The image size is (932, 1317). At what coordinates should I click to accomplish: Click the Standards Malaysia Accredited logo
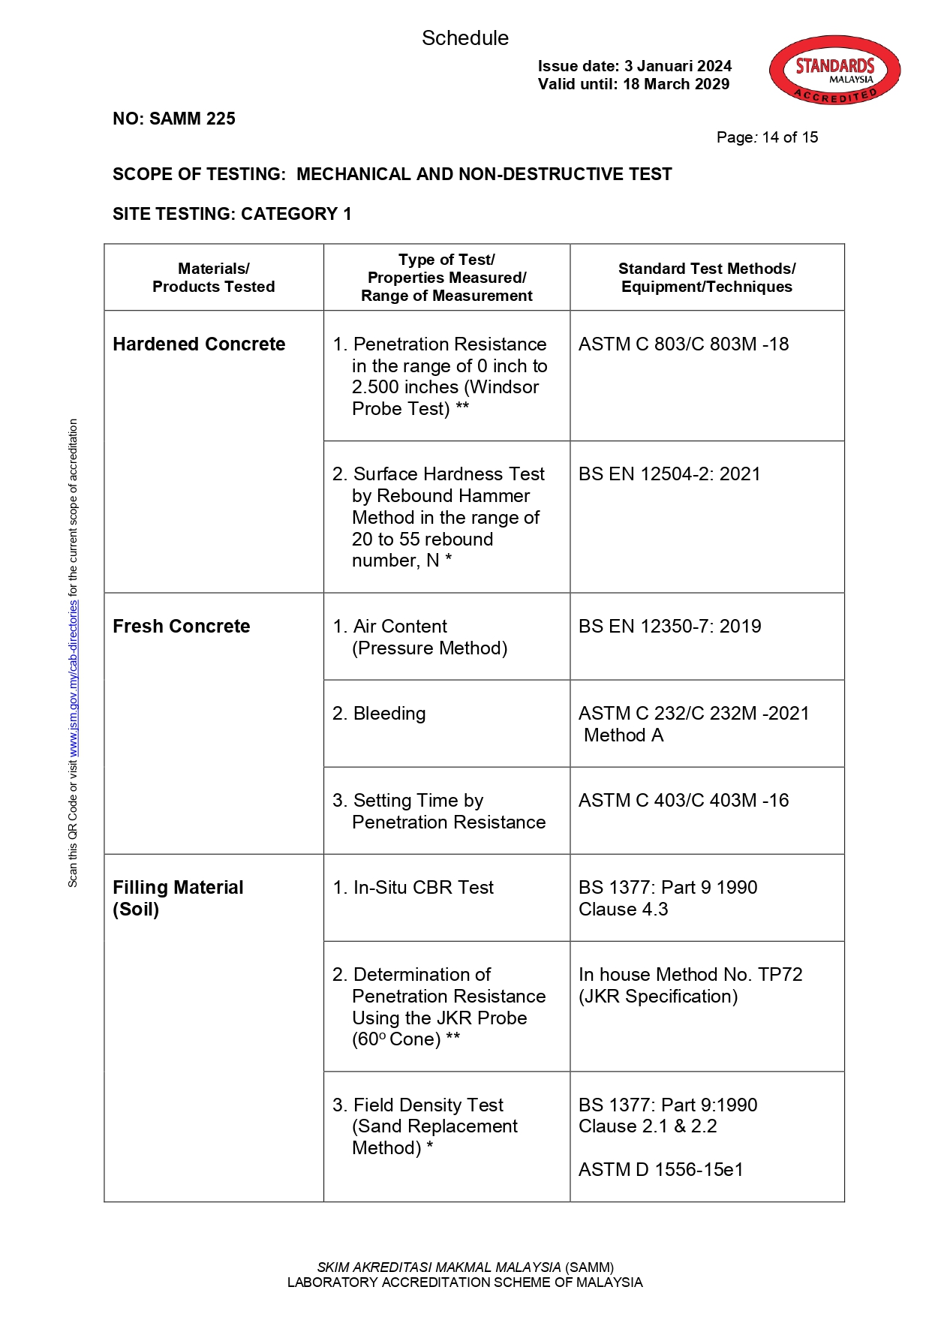834,70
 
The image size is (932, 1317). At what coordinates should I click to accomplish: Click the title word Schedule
464,38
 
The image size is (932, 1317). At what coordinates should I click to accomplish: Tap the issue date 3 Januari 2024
678,66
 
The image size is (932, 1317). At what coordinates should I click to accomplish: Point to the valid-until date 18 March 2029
675,84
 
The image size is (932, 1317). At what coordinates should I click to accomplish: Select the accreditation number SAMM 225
192,119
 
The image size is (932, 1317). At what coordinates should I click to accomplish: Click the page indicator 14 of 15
789,137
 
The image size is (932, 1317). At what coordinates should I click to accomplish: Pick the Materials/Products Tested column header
213,278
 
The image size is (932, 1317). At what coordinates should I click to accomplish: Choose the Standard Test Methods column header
706,278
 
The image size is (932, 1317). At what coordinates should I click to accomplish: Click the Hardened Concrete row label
199,344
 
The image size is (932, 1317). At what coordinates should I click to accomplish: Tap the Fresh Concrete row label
181,627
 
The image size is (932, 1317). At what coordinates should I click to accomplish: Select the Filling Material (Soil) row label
178,898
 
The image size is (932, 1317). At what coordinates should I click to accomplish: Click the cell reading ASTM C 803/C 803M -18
683,344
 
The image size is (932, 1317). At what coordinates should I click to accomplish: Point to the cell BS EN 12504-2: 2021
669,474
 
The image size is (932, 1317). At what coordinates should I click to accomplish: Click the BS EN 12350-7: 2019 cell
669,627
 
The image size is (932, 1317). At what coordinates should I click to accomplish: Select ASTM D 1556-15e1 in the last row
660,1170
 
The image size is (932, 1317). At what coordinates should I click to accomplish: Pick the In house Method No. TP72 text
690,975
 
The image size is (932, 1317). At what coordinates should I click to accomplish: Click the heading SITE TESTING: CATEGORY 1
232,214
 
